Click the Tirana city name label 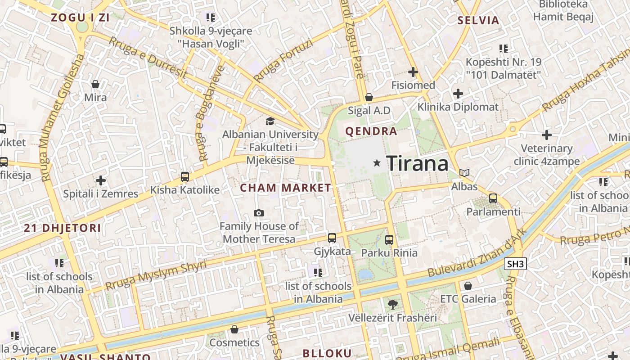click(x=417, y=163)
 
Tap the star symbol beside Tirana click(x=377, y=163)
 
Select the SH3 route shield click(x=515, y=264)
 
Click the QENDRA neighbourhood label click(x=371, y=131)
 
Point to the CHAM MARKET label click(x=286, y=188)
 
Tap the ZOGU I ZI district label click(x=81, y=18)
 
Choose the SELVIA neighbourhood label click(x=478, y=20)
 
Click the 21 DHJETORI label click(x=63, y=228)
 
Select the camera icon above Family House click(x=259, y=213)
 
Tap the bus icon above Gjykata click(x=332, y=238)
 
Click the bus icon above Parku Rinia click(x=389, y=240)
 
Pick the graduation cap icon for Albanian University click(x=270, y=121)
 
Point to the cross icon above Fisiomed click(x=413, y=72)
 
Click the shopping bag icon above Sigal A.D click(x=369, y=97)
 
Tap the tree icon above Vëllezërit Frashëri click(x=393, y=305)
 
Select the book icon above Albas click(x=464, y=173)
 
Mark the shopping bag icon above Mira click(x=95, y=84)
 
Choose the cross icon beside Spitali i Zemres click(x=101, y=181)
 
